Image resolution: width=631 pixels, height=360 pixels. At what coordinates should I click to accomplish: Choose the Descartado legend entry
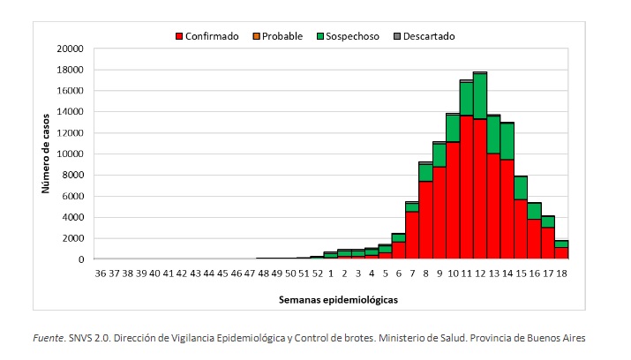click(426, 36)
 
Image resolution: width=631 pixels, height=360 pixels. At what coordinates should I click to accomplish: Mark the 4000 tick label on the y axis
click(73, 217)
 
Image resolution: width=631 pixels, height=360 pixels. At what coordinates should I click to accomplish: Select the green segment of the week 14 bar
click(507, 141)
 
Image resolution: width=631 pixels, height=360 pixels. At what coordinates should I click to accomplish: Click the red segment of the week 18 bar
click(560, 252)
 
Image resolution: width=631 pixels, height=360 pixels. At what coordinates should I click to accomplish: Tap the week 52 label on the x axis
click(317, 274)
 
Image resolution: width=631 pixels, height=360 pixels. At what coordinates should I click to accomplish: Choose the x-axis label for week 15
click(520, 274)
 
